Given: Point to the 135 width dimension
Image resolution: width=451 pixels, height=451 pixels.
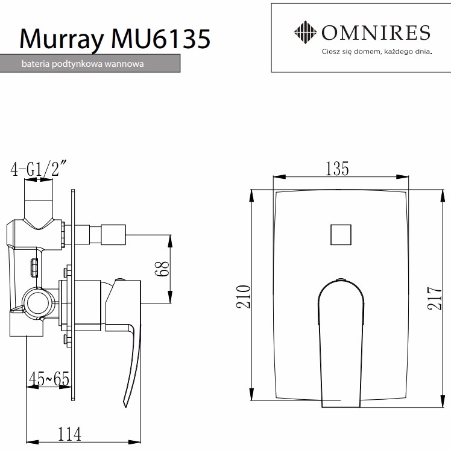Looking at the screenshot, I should [337, 169].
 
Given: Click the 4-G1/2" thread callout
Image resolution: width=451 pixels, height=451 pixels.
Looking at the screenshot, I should [38, 170].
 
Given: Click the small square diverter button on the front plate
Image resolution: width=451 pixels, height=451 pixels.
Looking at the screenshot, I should [341, 234].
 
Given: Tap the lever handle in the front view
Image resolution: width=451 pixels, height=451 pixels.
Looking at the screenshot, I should [341, 337].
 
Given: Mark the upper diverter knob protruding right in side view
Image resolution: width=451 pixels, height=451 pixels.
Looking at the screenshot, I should [113, 234].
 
